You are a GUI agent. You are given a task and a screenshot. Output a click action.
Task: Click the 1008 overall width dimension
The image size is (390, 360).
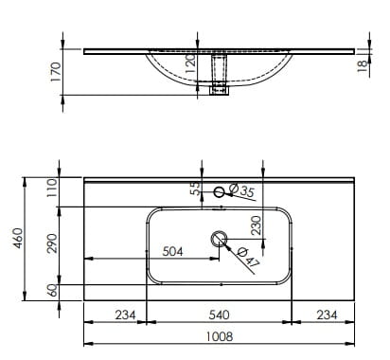(x=220, y=336)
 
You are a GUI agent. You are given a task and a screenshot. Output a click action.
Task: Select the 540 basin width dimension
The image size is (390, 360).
(x=219, y=315)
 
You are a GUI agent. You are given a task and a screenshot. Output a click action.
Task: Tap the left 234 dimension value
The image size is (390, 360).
(x=125, y=315)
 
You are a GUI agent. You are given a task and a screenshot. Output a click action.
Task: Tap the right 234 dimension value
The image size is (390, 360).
(x=327, y=315)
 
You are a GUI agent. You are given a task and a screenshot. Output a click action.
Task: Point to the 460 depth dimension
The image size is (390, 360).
(x=18, y=238)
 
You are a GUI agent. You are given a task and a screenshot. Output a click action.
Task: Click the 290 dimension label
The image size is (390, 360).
(x=52, y=243)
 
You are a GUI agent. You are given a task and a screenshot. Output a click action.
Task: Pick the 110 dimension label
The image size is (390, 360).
(x=52, y=188)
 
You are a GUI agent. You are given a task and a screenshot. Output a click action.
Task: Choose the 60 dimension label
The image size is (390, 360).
(x=53, y=290)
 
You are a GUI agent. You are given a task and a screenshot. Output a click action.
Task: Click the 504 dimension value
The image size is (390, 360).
(x=172, y=252)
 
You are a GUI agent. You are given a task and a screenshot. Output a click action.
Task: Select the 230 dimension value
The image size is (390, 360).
(x=257, y=225)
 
